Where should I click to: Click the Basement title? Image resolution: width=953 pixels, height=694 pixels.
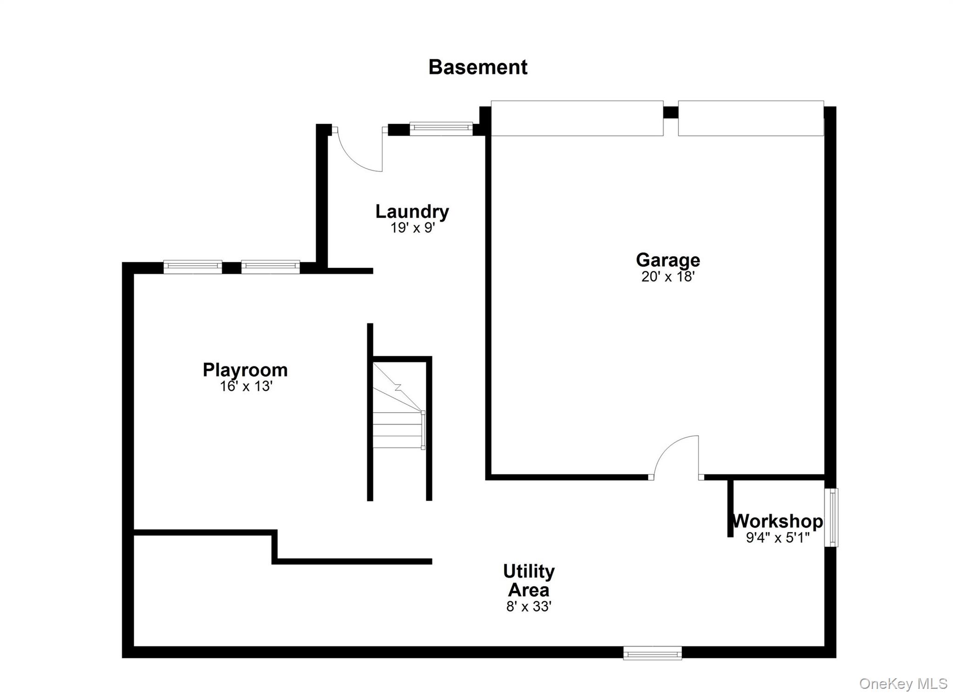pos(477,67)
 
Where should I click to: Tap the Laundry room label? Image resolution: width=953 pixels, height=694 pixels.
pos(412,212)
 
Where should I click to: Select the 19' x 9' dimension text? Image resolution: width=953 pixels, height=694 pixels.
pos(412,228)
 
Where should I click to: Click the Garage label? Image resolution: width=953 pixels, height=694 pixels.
pos(667,260)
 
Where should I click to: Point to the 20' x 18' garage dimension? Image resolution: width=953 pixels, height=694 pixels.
pos(667,277)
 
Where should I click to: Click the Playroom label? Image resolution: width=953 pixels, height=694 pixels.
pos(245,370)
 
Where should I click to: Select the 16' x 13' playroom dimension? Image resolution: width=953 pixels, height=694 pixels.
pos(246,387)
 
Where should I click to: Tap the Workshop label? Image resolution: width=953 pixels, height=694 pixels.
pos(777,521)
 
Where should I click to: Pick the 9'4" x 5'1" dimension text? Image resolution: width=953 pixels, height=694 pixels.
pos(777,538)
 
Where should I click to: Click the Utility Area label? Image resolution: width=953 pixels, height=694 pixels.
pos(529,581)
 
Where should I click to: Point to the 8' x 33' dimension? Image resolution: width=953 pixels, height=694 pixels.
pos(529,607)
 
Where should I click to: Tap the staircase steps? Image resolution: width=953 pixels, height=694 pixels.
pos(398,430)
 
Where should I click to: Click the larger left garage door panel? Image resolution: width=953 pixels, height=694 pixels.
pos(577,118)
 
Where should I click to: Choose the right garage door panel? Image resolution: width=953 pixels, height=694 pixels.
pos(751,118)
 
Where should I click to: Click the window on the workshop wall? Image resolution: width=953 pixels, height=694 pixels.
pos(831,517)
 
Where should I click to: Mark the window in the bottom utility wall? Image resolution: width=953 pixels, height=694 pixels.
pos(652,653)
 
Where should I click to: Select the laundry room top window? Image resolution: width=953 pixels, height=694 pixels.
pos(441,128)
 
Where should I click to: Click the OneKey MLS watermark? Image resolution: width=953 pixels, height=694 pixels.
pos(903,683)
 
